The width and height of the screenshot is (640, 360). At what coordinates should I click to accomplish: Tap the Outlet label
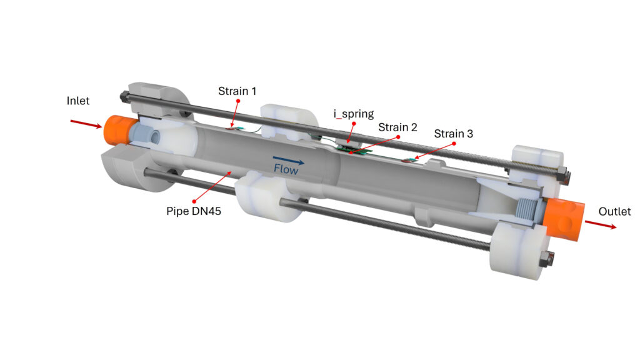pos(614,212)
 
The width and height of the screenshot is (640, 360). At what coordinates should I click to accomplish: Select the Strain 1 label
pos(237,91)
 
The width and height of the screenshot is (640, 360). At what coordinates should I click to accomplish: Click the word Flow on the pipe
pos(287,169)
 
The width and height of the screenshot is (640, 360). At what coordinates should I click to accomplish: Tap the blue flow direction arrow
pos(288,161)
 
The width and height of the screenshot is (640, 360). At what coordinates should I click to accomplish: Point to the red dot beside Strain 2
pos(397,136)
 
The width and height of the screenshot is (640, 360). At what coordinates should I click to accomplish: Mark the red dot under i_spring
pos(354,124)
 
